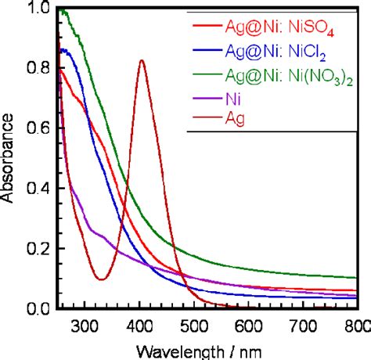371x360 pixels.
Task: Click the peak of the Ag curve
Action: tap(141, 60)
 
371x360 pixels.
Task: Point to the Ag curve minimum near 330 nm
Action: tap(102, 279)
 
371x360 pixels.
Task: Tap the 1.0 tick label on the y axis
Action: tap(38, 9)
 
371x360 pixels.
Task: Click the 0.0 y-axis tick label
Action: tap(38, 308)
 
